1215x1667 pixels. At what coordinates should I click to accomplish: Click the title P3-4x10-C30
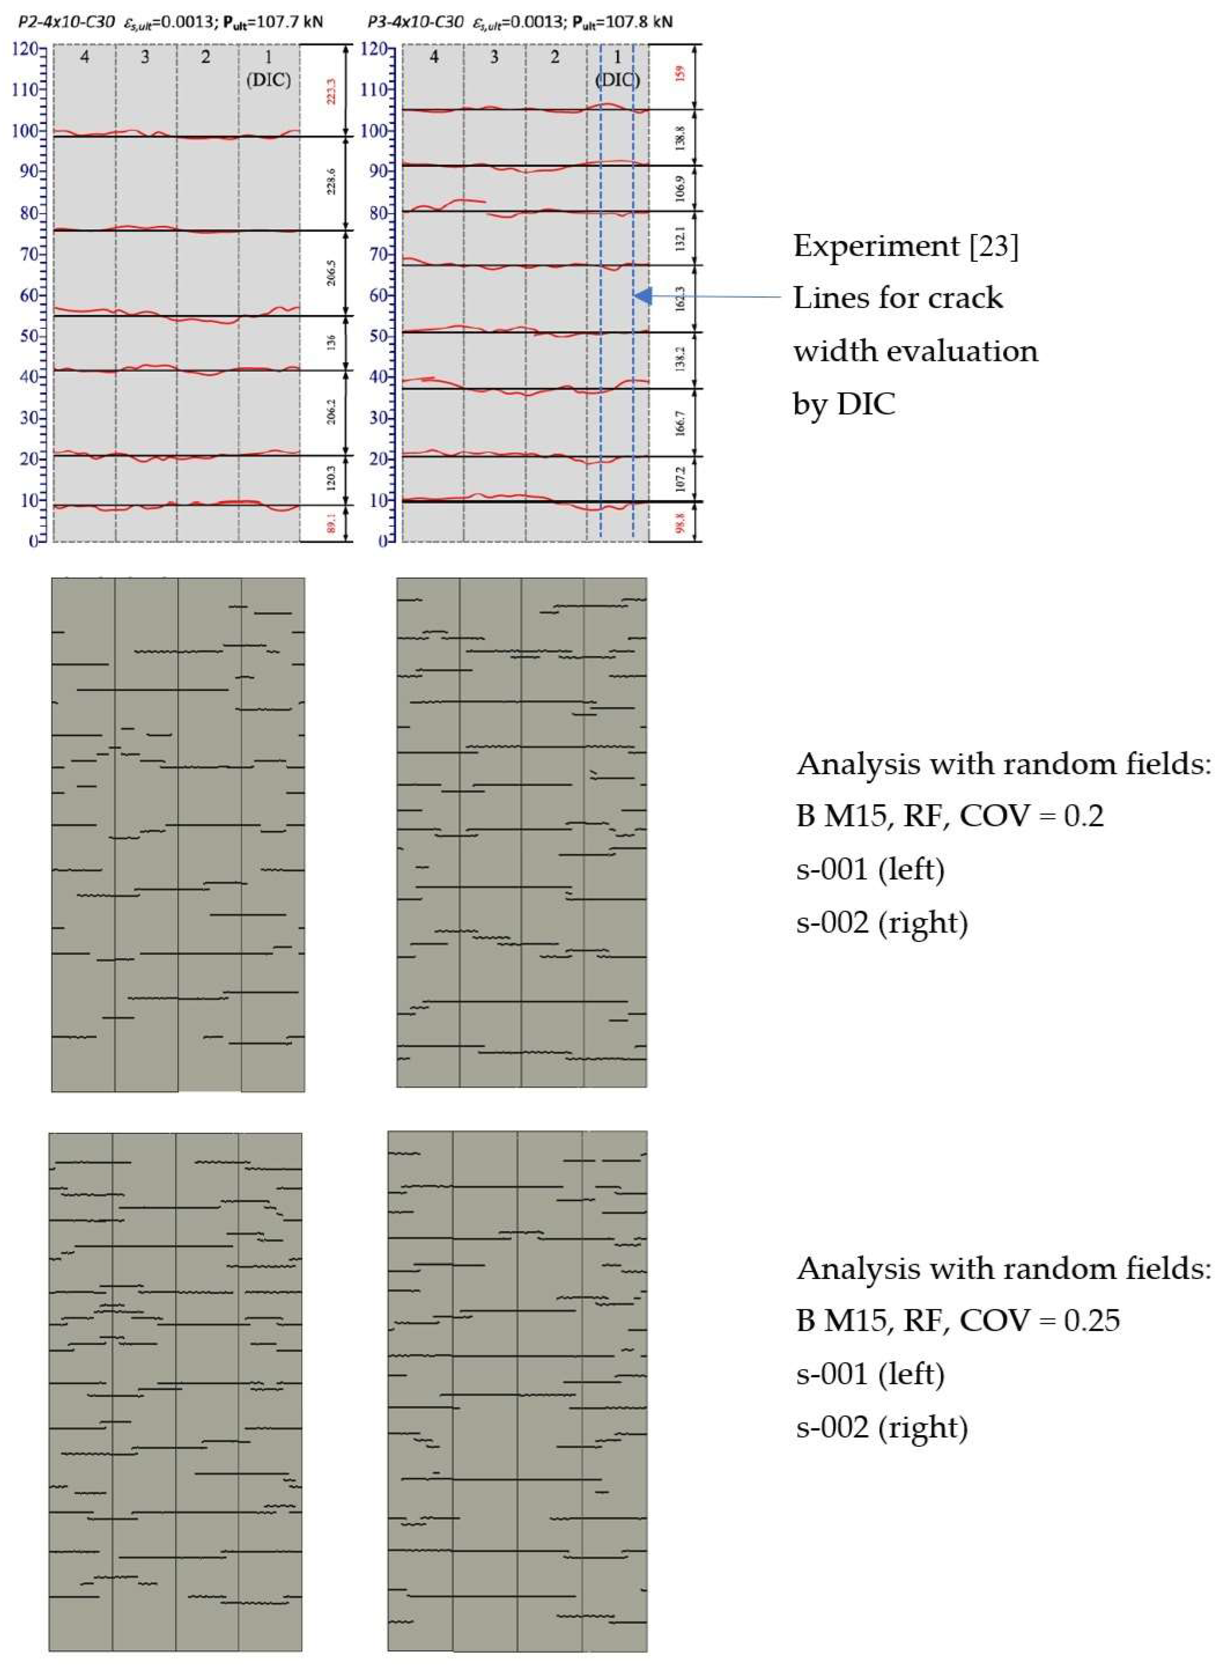tap(415, 22)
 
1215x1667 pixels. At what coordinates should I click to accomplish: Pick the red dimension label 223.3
tap(331, 91)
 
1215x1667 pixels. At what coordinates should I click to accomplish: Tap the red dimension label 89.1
tap(331, 523)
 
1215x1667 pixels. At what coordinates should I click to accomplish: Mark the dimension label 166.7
tap(680, 423)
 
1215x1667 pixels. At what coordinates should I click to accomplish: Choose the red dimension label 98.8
tap(680, 522)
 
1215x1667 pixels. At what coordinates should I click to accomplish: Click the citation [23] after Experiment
tap(994, 246)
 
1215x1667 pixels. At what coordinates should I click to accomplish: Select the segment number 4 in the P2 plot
tap(85, 56)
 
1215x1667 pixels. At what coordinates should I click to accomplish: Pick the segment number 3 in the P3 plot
tap(494, 56)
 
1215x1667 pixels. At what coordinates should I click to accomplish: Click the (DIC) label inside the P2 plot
tap(268, 80)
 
